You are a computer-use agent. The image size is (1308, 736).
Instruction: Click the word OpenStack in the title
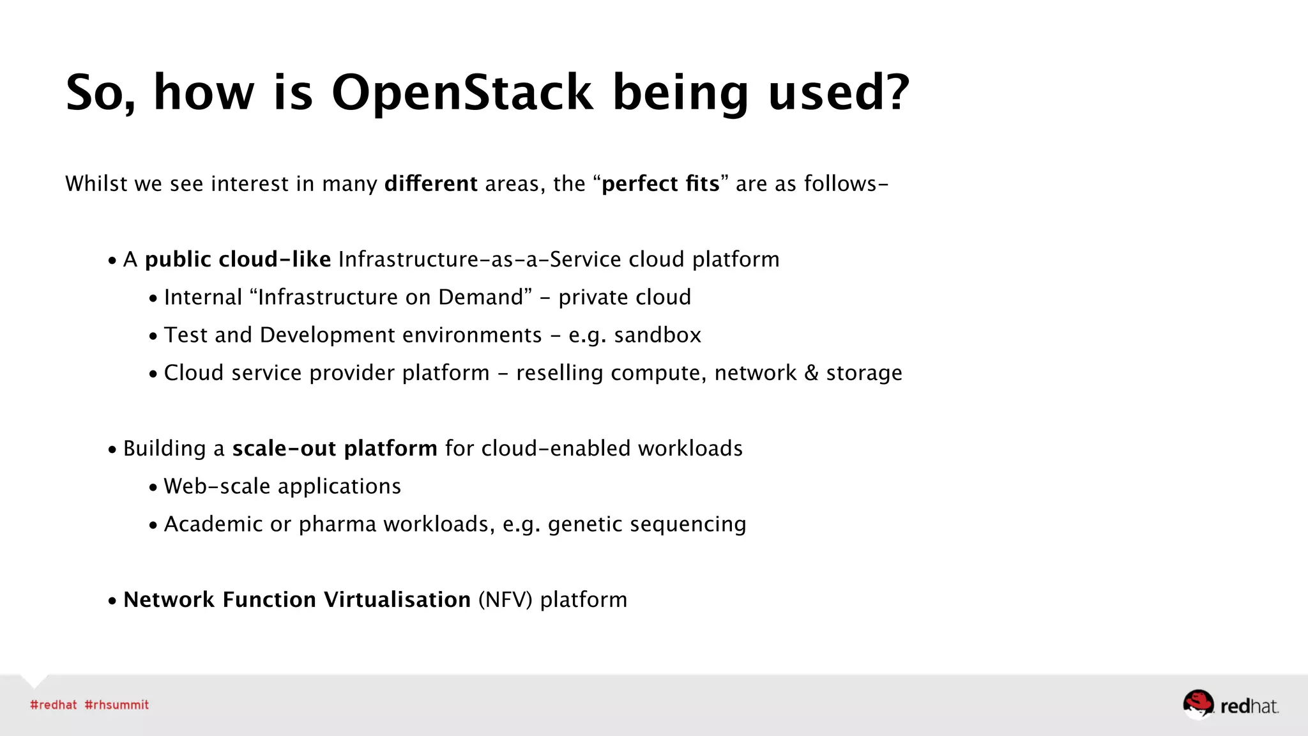tap(462, 93)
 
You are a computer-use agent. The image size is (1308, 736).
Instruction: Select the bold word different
tap(430, 184)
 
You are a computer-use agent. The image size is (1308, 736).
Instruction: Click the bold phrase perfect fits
tap(660, 184)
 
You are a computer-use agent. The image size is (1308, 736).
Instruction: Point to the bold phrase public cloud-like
tap(238, 259)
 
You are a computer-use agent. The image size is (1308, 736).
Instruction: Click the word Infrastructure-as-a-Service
tap(480, 259)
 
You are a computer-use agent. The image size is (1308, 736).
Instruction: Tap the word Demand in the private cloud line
tap(481, 297)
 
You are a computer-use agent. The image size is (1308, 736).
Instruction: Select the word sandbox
tap(657, 335)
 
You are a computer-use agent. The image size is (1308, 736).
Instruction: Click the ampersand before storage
tap(811, 373)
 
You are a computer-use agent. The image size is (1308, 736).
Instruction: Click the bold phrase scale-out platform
tap(335, 448)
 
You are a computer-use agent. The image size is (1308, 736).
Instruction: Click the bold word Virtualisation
tap(397, 600)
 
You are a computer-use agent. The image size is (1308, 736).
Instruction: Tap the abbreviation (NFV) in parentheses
tap(505, 600)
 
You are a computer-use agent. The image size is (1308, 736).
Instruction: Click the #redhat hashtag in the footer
tap(54, 705)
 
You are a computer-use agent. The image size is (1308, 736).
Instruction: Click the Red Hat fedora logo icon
tap(1198, 704)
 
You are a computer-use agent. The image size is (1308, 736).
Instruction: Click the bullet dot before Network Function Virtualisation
tap(112, 601)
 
